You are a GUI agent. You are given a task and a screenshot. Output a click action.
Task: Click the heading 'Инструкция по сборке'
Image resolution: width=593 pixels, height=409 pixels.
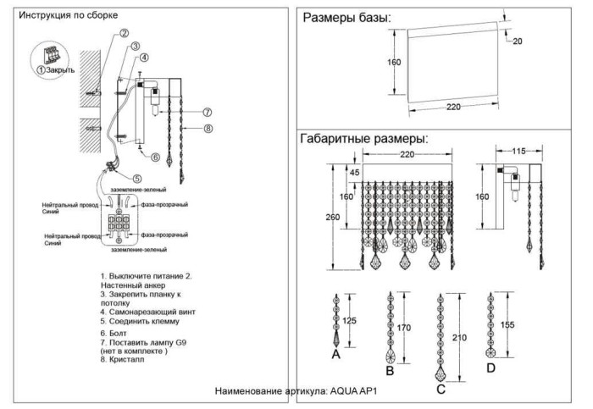click(69, 15)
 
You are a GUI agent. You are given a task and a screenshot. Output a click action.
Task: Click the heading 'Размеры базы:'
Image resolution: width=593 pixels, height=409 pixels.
click(346, 17)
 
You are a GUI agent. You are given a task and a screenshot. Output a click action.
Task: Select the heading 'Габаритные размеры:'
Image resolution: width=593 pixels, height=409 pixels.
click(363, 138)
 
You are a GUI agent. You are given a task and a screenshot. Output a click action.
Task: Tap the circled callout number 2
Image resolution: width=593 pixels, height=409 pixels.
click(124, 34)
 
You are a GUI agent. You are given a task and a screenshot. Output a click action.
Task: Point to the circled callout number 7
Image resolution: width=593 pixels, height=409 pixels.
click(207, 112)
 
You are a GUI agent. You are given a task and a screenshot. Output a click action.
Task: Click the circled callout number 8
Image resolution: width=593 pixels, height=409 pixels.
click(207, 128)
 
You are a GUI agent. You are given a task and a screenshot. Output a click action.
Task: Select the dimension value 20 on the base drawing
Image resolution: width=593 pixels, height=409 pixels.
click(518, 40)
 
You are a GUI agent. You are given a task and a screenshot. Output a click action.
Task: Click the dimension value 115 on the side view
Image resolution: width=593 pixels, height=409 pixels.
click(518, 151)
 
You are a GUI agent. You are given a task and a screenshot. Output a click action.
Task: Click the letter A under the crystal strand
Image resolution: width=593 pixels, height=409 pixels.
click(335, 356)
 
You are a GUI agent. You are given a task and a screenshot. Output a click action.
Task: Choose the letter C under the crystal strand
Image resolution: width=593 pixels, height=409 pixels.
click(441, 389)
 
